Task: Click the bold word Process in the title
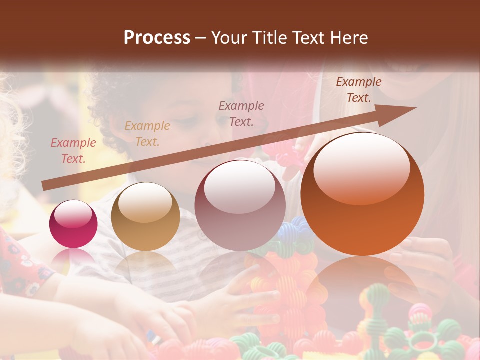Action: [x=157, y=38]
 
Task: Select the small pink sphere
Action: [x=73, y=224]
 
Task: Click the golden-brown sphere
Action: [x=145, y=217]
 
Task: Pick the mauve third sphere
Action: [x=240, y=205]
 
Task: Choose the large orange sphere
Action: [x=362, y=194]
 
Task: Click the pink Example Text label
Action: [x=73, y=151]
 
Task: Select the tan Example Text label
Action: [x=147, y=134]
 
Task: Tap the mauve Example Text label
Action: [x=241, y=113]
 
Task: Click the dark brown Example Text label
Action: [x=358, y=90]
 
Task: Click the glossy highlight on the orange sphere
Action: [x=361, y=167]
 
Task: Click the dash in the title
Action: [x=201, y=38]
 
